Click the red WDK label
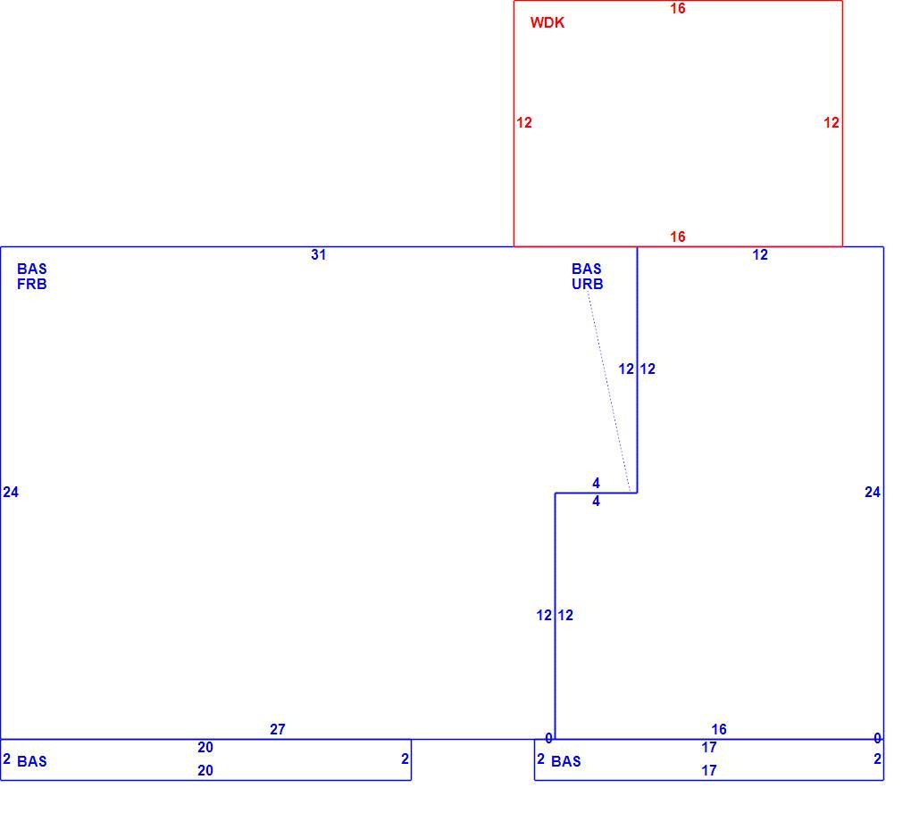547,22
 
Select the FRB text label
32,284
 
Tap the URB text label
588,284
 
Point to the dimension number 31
318,255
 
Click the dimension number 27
278,729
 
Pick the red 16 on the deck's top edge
677,8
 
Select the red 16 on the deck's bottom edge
677,236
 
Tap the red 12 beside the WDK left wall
524,122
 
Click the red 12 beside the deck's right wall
832,122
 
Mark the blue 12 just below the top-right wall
760,255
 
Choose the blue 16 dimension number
719,729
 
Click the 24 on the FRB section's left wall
11,493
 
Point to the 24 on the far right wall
872,493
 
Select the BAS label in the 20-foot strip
32,761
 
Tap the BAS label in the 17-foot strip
566,761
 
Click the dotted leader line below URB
609,392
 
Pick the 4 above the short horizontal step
596,483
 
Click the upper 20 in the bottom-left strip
205,747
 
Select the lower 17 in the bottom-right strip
709,770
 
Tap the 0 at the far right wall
877,739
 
